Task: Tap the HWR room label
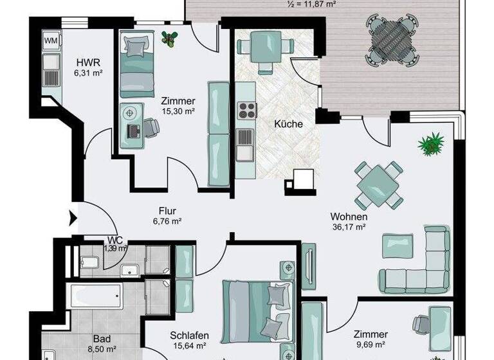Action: [x=87, y=62]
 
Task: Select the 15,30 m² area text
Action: [x=178, y=112]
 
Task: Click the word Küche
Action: [x=288, y=123]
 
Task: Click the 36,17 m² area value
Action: [x=348, y=226]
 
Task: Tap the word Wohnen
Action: [x=348, y=216]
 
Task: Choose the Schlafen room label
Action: [x=188, y=335]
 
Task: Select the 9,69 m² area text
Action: [x=370, y=345]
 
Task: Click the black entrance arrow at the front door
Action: [x=73, y=219]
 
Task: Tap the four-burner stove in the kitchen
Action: [x=246, y=111]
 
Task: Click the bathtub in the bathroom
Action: [x=96, y=296]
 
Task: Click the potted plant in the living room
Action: [x=431, y=143]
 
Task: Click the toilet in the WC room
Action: [x=91, y=262]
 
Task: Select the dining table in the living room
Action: [x=379, y=186]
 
